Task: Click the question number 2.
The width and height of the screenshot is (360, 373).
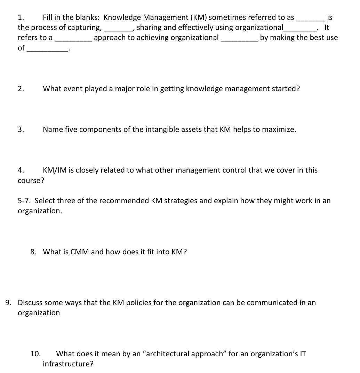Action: click(x=21, y=89)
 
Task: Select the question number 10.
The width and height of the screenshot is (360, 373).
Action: click(x=35, y=354)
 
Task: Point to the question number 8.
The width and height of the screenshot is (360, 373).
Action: click(x=33, y=252)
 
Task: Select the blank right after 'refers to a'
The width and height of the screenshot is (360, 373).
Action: click(x=73, y=38)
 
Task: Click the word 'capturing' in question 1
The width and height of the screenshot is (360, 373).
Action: click(x=84, y=27)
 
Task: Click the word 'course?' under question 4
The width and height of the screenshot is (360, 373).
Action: click(x=31, y=181)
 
